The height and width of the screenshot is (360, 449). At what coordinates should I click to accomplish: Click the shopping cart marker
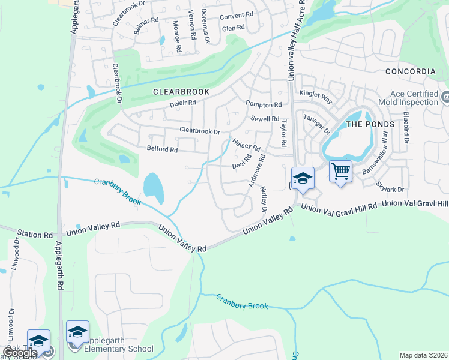coord(340,172)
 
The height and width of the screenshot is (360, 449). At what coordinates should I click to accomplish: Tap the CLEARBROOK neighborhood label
coord(181,92)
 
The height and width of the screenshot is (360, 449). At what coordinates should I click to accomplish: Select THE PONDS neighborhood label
coord(370,124)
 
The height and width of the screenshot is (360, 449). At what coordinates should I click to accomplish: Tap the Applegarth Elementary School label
coord(119,344)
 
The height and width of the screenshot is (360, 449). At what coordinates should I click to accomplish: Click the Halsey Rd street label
coord(246,144)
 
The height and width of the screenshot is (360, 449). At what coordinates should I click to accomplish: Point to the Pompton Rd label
coord(264,104)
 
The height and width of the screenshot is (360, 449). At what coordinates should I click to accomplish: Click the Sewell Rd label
coord(265,119)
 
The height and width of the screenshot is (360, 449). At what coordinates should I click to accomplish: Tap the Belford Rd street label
coord(162,149)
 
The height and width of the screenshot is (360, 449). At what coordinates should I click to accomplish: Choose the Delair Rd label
coord(183,103)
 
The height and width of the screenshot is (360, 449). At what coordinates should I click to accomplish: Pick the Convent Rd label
coord(235,17)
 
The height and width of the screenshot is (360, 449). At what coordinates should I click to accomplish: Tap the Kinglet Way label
coord(316,94)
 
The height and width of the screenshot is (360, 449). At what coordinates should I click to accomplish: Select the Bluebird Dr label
coord(406,128)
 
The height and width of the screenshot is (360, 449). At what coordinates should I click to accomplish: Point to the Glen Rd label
coord(233,28)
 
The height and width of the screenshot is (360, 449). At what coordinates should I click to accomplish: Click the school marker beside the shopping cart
coord(303,179)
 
